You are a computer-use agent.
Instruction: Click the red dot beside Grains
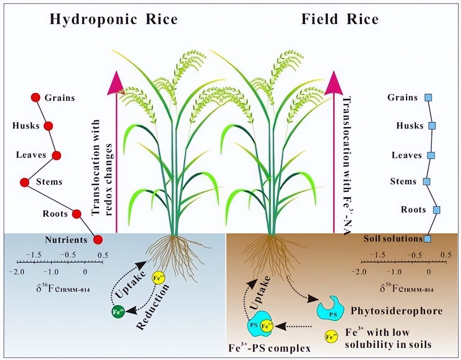click(x=35, y=98)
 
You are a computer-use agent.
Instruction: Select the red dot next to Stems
click(x=24, y=182)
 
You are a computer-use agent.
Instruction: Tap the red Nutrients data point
click(x=98, y=239)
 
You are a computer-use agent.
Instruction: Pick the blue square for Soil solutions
click(x=427, y=238)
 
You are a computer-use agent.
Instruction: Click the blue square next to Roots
click(x=437, y=210)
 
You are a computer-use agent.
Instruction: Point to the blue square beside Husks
click(x=432, y=126)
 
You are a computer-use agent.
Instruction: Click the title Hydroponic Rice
click(x=113, y=19)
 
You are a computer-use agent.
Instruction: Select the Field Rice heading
click(x=340, y=19)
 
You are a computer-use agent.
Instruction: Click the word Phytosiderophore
click(x=396, y=311)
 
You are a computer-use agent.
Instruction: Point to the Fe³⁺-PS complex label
click(x=269, y=348)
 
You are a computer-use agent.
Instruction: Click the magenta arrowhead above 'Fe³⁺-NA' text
click(x=334, y=82)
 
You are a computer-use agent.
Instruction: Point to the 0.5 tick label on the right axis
click(x=446, y=255)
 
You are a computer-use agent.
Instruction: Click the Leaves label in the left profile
click(x=31, y=155)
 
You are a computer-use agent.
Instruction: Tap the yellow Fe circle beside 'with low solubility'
click(x=331, y=337)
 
